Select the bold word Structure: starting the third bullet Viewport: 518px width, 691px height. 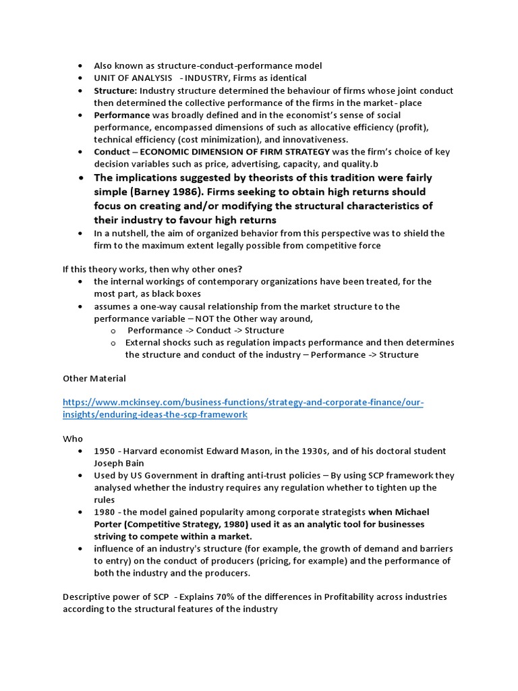115,90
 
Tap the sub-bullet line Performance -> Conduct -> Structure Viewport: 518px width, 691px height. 206,331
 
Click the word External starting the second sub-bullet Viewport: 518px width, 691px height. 144,343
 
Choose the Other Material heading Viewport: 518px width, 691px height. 94,379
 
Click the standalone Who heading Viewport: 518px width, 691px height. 72,439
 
